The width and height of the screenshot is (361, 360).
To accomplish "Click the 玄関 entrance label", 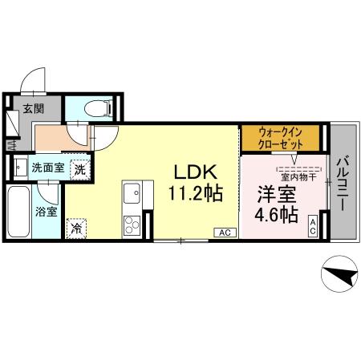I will tap(33, 109).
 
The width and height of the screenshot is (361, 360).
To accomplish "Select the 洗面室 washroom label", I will tap(47, 168).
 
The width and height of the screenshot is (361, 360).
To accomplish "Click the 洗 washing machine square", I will tap(80, 168).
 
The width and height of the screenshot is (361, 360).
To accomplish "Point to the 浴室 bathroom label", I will tap(46, 212).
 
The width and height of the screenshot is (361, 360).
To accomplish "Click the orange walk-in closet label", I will tap(280, 137).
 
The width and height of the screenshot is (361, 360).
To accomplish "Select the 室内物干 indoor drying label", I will tap(298, 176).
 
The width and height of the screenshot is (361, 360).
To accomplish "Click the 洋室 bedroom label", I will tap(277, 194).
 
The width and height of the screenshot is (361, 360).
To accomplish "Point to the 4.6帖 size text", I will tap(277, 215).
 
